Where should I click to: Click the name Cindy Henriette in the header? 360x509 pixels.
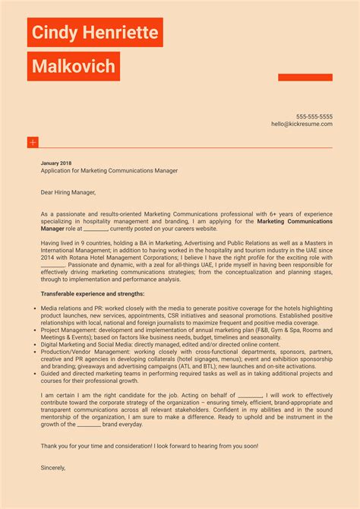click(95, 33)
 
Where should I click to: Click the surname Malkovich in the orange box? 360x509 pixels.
click(74, 67)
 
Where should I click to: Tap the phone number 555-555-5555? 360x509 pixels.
click(314, 116)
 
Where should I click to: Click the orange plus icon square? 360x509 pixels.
click(33, 142)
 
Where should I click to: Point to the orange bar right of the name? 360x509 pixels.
click(305, 77)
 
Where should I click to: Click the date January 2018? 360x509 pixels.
click(56, 163)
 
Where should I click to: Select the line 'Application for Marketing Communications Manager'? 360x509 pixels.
click(109, 171)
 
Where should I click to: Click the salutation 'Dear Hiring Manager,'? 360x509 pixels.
click(69, 193)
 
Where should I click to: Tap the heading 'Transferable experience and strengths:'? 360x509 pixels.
click(93, 293)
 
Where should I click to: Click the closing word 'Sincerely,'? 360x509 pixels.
click(53, 468)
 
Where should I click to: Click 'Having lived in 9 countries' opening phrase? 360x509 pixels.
click(79, 242)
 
